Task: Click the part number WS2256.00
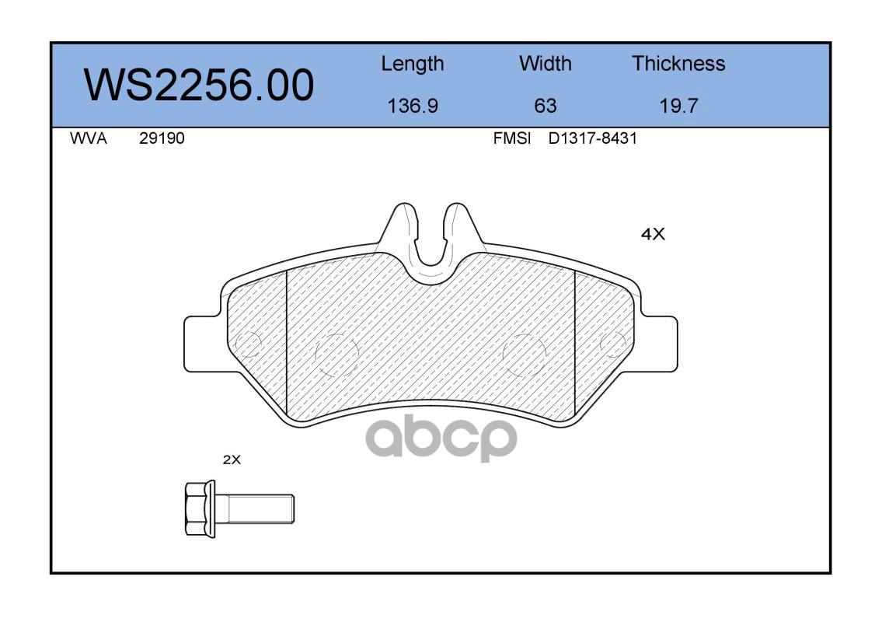[199, 85]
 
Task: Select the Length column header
[413, 65]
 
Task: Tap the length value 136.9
[413, 106]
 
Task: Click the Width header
[545, 63]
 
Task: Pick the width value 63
[545, 106]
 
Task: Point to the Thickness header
[678, 63]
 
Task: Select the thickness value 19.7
[678, 106]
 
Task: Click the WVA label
[89, 138]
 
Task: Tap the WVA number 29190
[162, 138]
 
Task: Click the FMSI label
[512, 138]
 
